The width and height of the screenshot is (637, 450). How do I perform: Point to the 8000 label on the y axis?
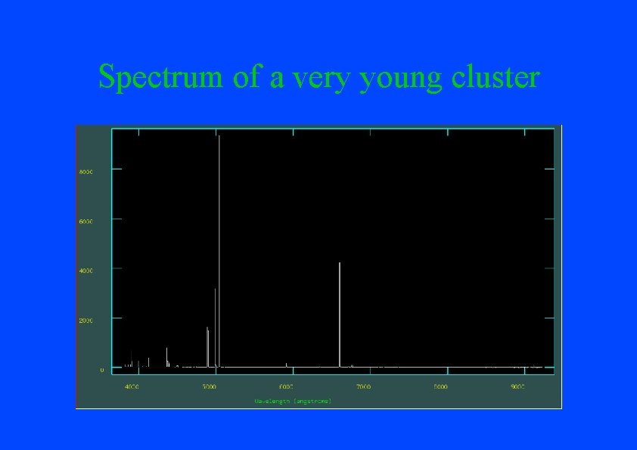pyautogui.click(x=85, y=172)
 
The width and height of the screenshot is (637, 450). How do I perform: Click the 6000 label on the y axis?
pyautogui.click(x=85, y=221)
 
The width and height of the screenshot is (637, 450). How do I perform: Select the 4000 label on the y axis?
pyautogui.click(x=85, y=270)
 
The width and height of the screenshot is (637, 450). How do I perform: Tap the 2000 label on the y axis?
pyautogui.click(x=85, y=320)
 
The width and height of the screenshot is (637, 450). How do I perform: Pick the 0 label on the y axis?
pyautogui.click(x=102, y=370)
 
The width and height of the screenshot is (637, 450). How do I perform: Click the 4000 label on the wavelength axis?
pyautogui.click(x=132, y=387)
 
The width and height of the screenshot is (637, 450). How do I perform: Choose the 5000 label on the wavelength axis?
pyautogui.click(x=209, y=387)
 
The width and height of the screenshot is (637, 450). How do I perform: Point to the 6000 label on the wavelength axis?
pyautogui.click(x=286, y=387)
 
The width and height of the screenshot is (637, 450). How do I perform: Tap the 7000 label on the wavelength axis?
pyautogui.click(x=363, y=387)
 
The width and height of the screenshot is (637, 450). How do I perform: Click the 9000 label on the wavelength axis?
pyautogui.click(x=517, y=387)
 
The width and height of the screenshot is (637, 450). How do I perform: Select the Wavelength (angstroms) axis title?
pyautogui.click(x=292, y=400)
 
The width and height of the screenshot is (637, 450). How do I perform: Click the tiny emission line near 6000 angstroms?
pyautogui.click(x=286, y=365)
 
